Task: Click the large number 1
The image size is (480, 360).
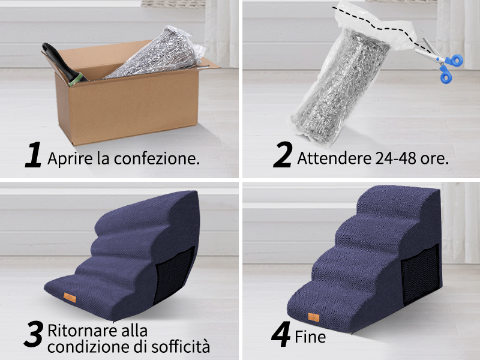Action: coord(34,155)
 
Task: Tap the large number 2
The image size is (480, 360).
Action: coord(282,155)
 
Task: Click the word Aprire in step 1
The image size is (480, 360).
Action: coord(67,160)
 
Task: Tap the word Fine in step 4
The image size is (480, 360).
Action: coord(310,337)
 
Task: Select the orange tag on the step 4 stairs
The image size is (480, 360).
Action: coord(313,316)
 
